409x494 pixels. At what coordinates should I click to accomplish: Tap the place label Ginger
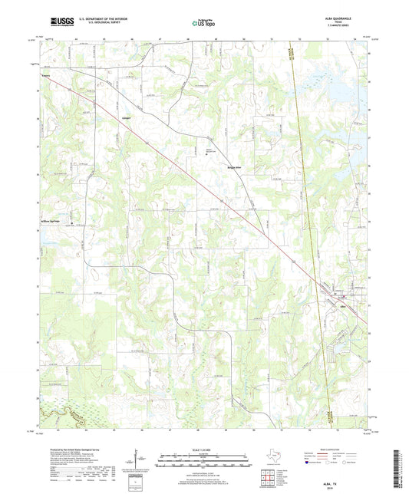click(x=124, y=120)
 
